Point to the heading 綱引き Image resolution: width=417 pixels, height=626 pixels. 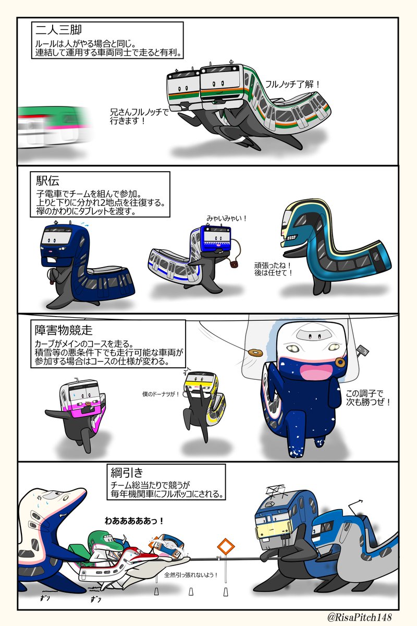(127, 473)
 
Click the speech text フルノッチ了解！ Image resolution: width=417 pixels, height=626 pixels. (292, 83)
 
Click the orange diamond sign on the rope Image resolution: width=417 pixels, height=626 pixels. (226, 547)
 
